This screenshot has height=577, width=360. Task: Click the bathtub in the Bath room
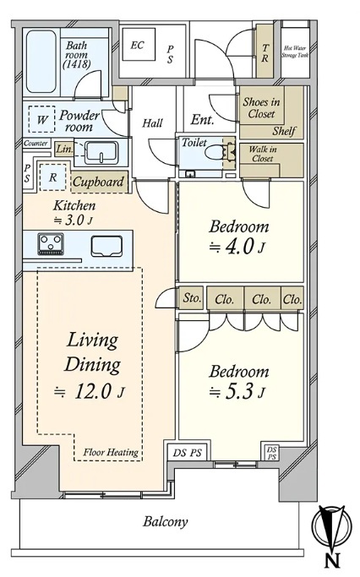[41, 62]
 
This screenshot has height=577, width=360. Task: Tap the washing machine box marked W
[41, 119]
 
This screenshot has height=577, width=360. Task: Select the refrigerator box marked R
[52, 177]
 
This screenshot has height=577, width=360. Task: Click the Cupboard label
[98, 182]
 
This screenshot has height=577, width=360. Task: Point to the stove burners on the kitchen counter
[51, 243]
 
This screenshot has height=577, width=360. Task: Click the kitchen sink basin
[106, 246]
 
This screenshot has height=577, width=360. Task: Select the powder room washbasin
[101, 153]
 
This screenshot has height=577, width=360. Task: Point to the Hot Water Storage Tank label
[295, 52]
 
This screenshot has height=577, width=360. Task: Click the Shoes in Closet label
[261, 107]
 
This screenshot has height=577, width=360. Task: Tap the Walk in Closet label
[263, 154]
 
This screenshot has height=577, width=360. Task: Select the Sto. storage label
[192, 297]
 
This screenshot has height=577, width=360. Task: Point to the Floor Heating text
[111, 452]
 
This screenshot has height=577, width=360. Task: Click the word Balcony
[166, 522]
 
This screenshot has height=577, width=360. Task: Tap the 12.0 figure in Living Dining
[92, 391]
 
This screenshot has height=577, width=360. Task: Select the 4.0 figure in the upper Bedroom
[239, 247]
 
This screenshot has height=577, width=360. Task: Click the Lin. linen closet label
[64, 150]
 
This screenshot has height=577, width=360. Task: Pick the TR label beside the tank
[265, 52]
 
